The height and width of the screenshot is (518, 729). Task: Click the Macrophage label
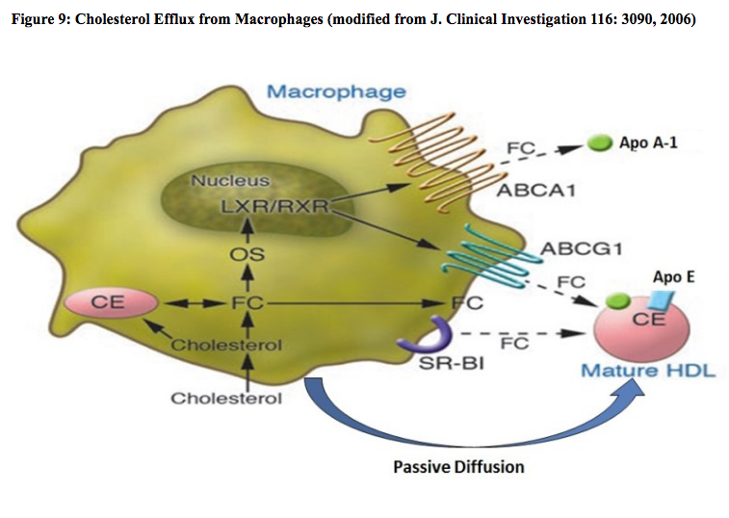tap(335, 92)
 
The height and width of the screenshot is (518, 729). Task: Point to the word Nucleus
tap(229, 180)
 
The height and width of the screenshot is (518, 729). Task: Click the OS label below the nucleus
tap(247, 255)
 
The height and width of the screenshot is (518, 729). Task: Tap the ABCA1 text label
tap(536, 190)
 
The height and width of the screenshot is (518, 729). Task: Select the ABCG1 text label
tap(582, 250)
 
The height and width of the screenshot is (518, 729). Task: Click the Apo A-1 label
tap(651, 142)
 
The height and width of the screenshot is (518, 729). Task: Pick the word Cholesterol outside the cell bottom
tap(226, 398)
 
